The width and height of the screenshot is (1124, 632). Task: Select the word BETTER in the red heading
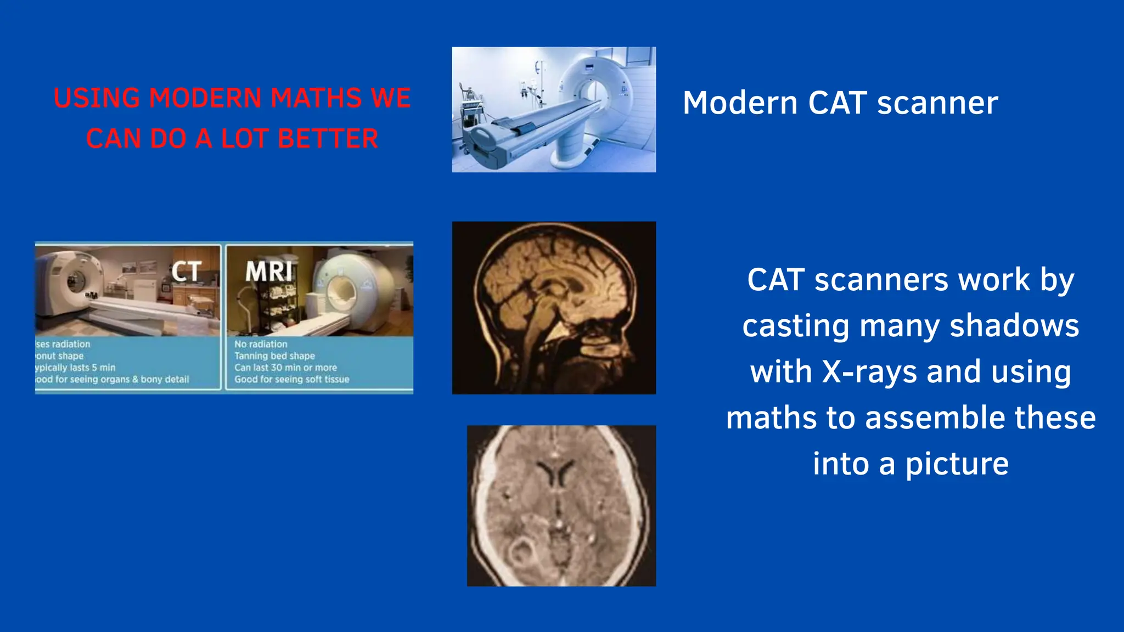(328, 139)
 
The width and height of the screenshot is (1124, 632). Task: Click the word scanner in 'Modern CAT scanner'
(937, 103)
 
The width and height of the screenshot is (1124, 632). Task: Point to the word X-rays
(869, 372)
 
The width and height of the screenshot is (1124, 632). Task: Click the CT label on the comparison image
(186, 272)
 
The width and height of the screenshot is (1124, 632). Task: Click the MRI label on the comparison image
(268, 272)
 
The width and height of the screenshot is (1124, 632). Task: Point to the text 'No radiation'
(261, 345)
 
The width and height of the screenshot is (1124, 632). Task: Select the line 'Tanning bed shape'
(274, 356)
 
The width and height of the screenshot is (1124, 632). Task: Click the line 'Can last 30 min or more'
(285, 368)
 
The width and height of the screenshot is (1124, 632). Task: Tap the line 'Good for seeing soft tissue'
(291, 379)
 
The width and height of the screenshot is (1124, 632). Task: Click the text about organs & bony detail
(113, 379)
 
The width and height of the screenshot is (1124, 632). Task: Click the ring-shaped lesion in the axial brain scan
(520, 552)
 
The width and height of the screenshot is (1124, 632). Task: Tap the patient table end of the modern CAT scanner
(486, 145)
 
